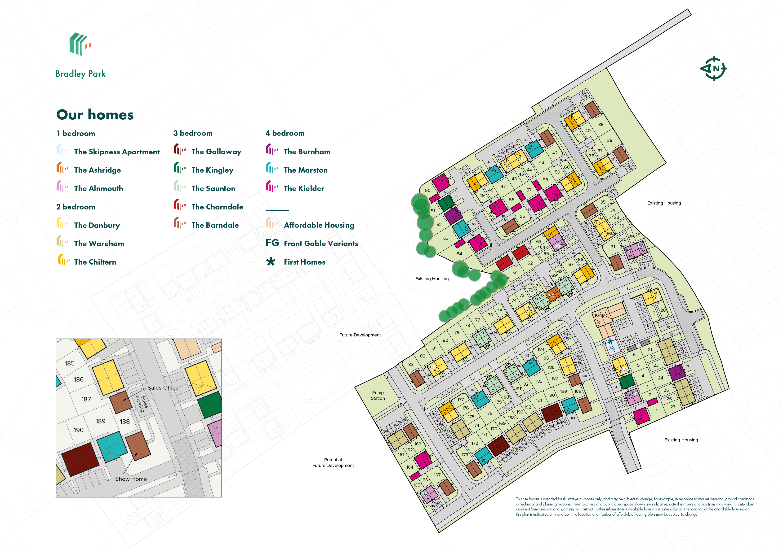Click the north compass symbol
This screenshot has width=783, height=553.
713,69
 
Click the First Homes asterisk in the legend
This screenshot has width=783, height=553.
271,262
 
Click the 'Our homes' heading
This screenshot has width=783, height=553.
95,115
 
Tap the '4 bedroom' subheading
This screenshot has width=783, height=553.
285,133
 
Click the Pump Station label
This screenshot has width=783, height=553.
378,395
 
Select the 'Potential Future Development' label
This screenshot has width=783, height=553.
333,462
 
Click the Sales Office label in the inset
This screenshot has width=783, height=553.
163,388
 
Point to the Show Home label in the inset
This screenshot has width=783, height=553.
131,479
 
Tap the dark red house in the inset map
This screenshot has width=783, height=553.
80,459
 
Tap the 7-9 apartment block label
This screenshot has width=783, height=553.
612,348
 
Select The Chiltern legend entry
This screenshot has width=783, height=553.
95,262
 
